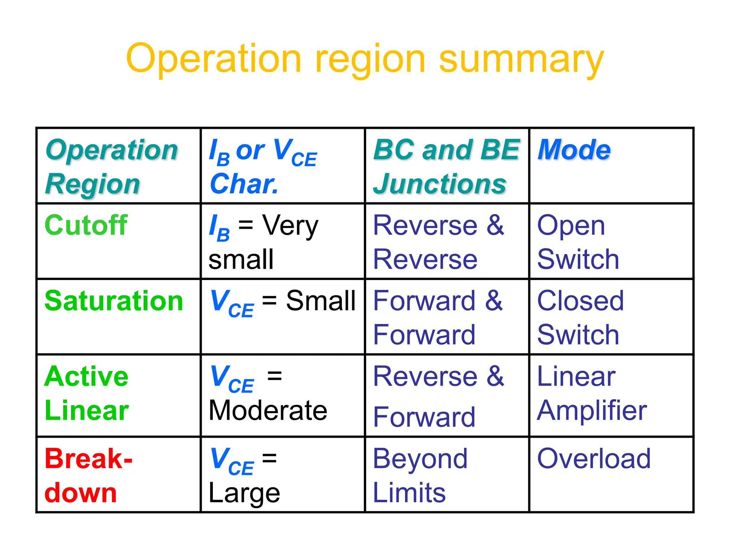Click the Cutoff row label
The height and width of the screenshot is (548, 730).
86,225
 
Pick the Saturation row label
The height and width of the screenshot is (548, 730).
114,301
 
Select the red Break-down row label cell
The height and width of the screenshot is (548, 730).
88,475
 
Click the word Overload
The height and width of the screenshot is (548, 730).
594,459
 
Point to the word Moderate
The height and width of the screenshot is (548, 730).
268,410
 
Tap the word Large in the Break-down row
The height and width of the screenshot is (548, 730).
244,493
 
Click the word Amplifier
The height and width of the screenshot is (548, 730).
592,410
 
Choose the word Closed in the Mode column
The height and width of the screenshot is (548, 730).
580,301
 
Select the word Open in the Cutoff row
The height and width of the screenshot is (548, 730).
571,226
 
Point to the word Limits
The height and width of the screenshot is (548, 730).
409,493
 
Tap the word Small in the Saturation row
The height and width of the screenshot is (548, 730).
320,301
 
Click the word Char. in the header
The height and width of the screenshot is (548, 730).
244,184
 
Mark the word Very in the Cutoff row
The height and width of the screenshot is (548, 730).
290,226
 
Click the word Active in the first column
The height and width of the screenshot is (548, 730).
86,376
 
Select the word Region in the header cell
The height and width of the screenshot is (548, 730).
93,184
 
